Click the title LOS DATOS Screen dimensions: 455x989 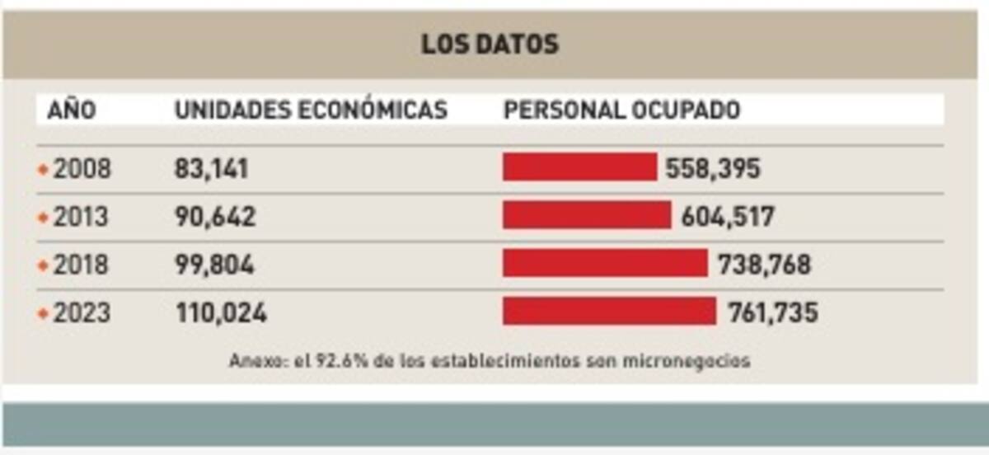tap(490, 44)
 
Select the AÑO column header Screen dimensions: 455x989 tap(72, 110)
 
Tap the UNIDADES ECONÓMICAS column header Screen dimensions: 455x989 tap(311, 110)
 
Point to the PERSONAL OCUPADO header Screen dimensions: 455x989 tap(621, 110)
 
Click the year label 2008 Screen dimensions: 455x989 tap(82, 169)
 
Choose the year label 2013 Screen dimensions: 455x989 tap(81, 217)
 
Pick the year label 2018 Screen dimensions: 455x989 tap(81, 265)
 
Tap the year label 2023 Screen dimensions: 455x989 tap(82, 312)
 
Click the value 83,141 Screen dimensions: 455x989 tap(211, 169)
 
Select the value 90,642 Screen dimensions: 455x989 tap(215, 217)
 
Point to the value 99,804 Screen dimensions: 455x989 tap(214, 265)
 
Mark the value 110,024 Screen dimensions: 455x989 tap(221, 312)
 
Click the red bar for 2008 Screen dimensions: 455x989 tap(579, 167)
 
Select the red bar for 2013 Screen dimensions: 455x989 tap(587, 215)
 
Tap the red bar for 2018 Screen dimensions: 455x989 tap(605, 264)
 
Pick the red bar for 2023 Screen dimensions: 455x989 tap(609, 312)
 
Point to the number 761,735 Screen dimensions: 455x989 tap(772, 312)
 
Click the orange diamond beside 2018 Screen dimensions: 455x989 tap(43, 265)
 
